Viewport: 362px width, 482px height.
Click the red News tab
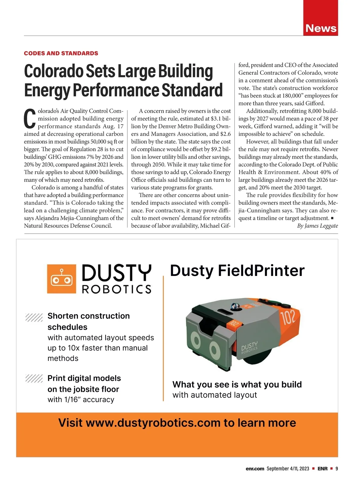[321, 28]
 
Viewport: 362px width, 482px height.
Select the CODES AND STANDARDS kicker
[61, 53]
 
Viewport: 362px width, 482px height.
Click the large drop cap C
[30, 119]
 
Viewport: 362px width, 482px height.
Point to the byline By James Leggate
[317, 226]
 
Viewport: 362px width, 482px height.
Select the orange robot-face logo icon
[62, 279]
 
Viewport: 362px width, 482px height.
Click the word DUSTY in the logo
[116, 273]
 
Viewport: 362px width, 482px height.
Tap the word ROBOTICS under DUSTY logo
[116, 289]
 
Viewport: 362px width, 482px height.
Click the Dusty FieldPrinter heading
[237, 270]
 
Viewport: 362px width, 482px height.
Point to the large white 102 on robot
[289, 317]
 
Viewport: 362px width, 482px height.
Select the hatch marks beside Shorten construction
[34, 317]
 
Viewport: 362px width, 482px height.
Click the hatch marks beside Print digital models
[34, 379]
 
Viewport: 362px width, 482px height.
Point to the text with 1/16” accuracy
[81, 399]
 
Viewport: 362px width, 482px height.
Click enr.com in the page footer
[255, 468]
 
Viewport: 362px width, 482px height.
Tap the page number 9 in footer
[337, 468]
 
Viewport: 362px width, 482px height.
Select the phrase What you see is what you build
[237, 384]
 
